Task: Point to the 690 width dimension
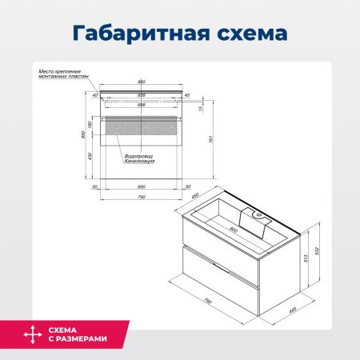click(x=141, y=186)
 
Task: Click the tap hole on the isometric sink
click(x=258, y=214)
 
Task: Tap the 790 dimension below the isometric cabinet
click(x=206, y=302)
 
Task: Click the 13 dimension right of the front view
click(x=202, y=110)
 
